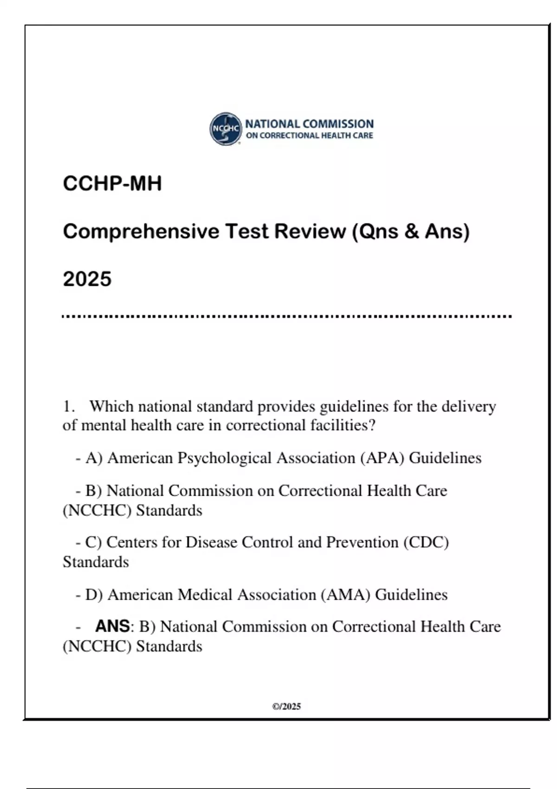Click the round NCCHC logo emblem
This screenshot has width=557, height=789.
(x=226, y=129)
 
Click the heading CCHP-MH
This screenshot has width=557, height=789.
(x=112, y=183)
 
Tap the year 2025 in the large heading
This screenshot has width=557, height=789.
(x=87, y=279)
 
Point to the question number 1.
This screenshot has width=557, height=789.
(x=68, y=407)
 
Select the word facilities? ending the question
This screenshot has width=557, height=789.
(x=343, y=425)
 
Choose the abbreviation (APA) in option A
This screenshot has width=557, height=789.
(x=382, y=458)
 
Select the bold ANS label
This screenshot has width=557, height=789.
(x=112, y=626)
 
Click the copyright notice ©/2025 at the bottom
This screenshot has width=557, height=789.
(x=286, y=706)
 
